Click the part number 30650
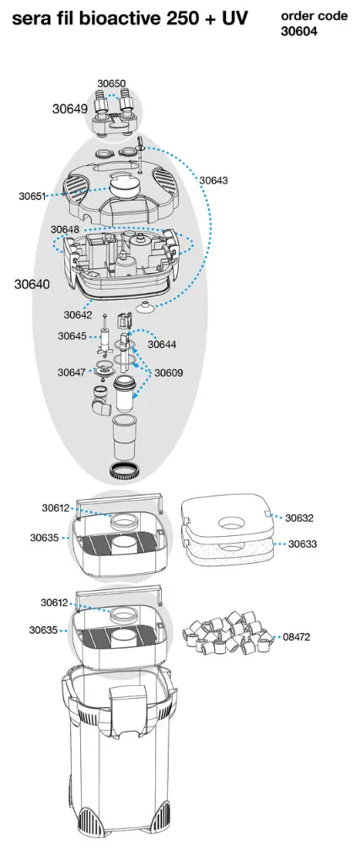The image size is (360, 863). point(111,83)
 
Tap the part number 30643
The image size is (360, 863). point(213,180)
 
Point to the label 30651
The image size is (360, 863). point(34,196)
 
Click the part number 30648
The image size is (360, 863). point(65,229)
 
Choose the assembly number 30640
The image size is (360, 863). point(31,284)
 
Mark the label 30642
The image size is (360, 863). point(78,314)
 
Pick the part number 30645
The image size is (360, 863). point(72,336)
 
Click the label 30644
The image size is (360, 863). point(162,344)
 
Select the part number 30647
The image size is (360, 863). point(72,372)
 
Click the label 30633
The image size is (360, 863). point(303,544)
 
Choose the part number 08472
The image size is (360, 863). point(296,637)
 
